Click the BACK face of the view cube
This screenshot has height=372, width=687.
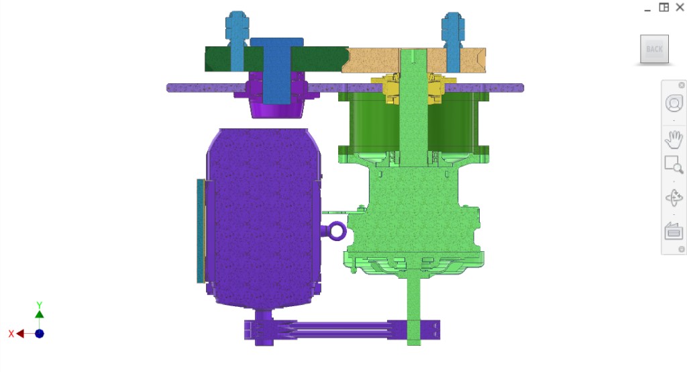pos(654,49)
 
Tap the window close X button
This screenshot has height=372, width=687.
pos(680,7)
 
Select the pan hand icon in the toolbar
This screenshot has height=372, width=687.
pos(674,140)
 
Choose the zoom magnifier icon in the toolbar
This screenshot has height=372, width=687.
pos(674,165)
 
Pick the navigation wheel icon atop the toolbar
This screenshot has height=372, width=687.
pos(674,103)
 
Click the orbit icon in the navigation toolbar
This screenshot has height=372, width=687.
pos(674,198)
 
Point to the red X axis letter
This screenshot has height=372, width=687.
pos(11,334)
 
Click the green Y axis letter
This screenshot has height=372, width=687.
pos(40,305)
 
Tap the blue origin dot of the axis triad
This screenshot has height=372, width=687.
pos(40,333)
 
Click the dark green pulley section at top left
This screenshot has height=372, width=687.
pos(218,59)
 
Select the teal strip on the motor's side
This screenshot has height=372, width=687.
pos(200,230)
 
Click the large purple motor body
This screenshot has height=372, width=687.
pos(262,215)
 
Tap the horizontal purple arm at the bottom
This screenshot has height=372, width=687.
pos(335,331)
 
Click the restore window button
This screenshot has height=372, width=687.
pos(664,7)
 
